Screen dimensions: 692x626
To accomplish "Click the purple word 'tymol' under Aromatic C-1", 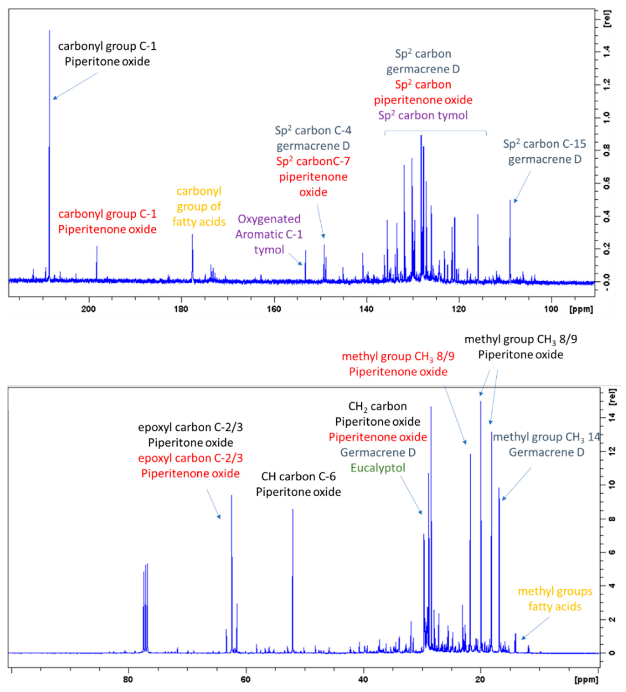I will coord(269,250).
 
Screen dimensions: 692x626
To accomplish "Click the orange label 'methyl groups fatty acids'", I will coord(555,599).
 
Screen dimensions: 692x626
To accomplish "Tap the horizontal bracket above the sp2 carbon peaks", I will coord(435,131).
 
